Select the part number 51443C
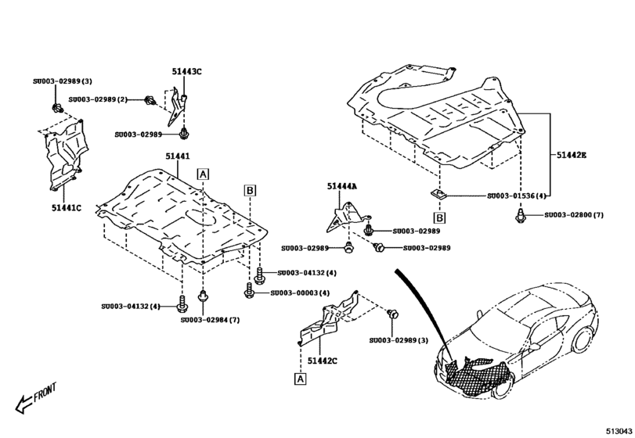pyautogui.click(x=187, y=72)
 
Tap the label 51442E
pyautogui.click(x=571, y=156)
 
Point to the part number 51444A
pyautogui.click(x=342, y=186)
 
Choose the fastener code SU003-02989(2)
pyautogui.click(x=98, y=99)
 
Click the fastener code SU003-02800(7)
pyautogui.click(x=575, y=214)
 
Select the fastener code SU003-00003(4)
pyautogui.click(x=300, y=293)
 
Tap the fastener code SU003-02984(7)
pyautogui.click(x=210, y=319)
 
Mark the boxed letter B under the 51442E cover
pyautogui.click(x=440, y=217)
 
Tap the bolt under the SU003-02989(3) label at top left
pyautogui.click(x=57, y=106)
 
